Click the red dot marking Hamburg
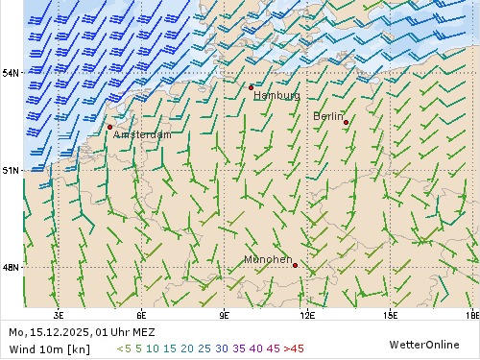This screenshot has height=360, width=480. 251,87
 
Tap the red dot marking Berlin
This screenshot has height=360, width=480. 346,122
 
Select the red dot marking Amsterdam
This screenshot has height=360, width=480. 109,127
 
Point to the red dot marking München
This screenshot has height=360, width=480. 295,265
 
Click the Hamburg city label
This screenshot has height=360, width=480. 276,96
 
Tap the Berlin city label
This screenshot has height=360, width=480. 327,116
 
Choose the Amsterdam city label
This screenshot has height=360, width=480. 142,135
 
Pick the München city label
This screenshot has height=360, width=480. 268,259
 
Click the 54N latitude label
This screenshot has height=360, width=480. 11,73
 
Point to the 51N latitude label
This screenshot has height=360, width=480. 11,171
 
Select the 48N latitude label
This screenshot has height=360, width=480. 11,268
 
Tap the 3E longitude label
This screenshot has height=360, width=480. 59,314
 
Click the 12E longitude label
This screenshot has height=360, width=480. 307,314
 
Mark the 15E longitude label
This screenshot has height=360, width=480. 391,314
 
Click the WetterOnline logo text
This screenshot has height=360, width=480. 423,344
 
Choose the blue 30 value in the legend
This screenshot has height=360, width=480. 222,348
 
